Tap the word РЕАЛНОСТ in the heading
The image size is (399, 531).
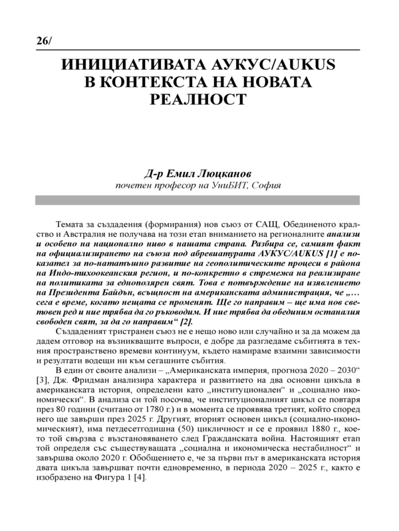199,99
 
